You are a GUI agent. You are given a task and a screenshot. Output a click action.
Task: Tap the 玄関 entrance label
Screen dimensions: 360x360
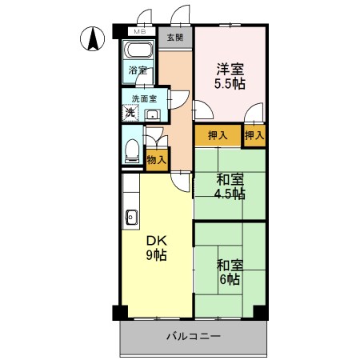point(174,38)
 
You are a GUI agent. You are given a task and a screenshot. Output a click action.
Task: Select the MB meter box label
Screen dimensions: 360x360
point(139,32)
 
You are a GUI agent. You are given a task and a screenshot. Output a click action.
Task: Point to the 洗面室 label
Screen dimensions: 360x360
point(144,99)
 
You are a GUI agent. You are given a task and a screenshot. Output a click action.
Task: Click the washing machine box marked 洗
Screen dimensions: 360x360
point(130,113)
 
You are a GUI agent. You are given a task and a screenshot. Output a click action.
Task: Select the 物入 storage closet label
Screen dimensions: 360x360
point(157,160)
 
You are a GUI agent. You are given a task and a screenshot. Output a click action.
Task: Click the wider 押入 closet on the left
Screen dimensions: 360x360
point(217,135)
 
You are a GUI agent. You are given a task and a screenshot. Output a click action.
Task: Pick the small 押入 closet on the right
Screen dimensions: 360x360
point(254,135)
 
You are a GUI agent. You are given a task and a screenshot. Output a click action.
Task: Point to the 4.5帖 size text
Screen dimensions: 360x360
point(230,194)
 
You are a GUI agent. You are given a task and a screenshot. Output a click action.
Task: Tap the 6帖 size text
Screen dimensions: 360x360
point(230,280)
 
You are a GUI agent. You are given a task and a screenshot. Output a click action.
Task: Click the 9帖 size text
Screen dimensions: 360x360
point(155,256)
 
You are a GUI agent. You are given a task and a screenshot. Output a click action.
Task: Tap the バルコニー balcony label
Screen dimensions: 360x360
point(193,338)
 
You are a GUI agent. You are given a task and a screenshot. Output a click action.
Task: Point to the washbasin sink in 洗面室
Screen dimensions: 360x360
point(153,114)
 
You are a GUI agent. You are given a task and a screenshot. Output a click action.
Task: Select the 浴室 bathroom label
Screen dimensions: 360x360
point(138,70)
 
